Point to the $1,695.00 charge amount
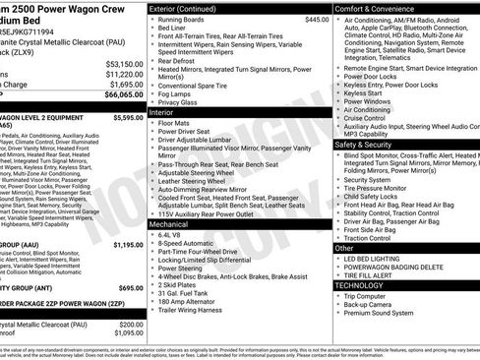click(x=124, y=85)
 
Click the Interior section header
click(x=162, y=113)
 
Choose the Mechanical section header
click(x=170, y=223)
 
